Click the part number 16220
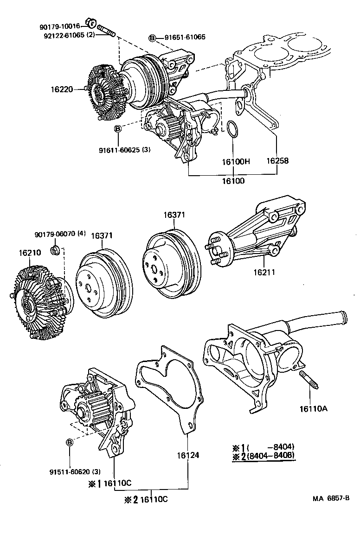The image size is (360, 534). (x=63, y=88)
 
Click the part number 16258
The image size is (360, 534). (x=277, y=161)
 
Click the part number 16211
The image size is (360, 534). (x=264, y=272)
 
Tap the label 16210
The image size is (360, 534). (x=30, y=253)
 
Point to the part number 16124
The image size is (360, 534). (x=188, y=456)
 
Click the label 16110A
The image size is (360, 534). (x=314, y=408)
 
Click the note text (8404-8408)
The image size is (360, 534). (x=271, y=456)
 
